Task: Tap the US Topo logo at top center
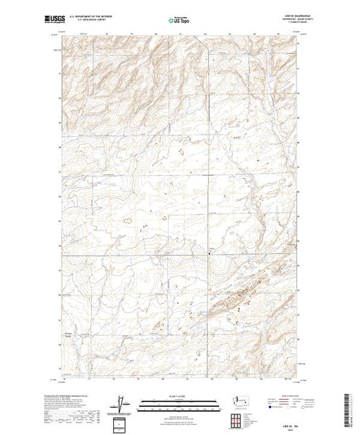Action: [179, 20]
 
